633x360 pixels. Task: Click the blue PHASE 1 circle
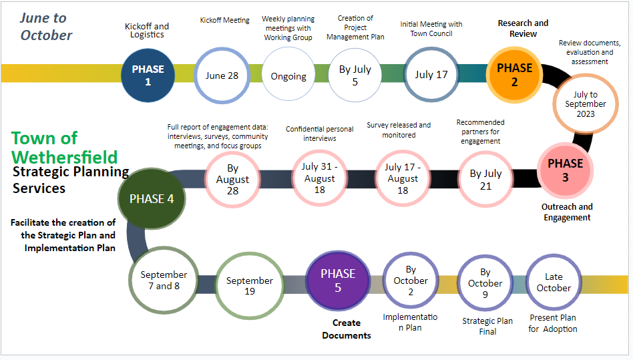click(148, 74)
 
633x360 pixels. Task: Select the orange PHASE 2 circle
click(514, 74)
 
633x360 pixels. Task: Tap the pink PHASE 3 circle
click(565, 170)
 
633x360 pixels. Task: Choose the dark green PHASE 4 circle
click(152, 198)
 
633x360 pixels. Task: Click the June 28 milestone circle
click(222, 75)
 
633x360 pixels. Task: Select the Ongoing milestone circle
click(288, 75)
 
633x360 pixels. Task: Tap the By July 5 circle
click(354, 75)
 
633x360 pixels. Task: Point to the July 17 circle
click(431, 75)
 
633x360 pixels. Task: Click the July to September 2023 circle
click(585, 104)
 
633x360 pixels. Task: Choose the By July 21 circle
click(485, 179)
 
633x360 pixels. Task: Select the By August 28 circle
click(232, 179)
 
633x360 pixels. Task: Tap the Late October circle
click(554, 282)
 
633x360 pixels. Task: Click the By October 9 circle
click(485, 283)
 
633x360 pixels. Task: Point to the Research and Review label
click(523, 28)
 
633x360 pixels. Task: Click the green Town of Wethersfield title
click(64, 148)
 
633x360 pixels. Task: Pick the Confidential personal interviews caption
click(319, 134)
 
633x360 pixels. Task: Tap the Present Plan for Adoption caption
click(553, 323)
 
